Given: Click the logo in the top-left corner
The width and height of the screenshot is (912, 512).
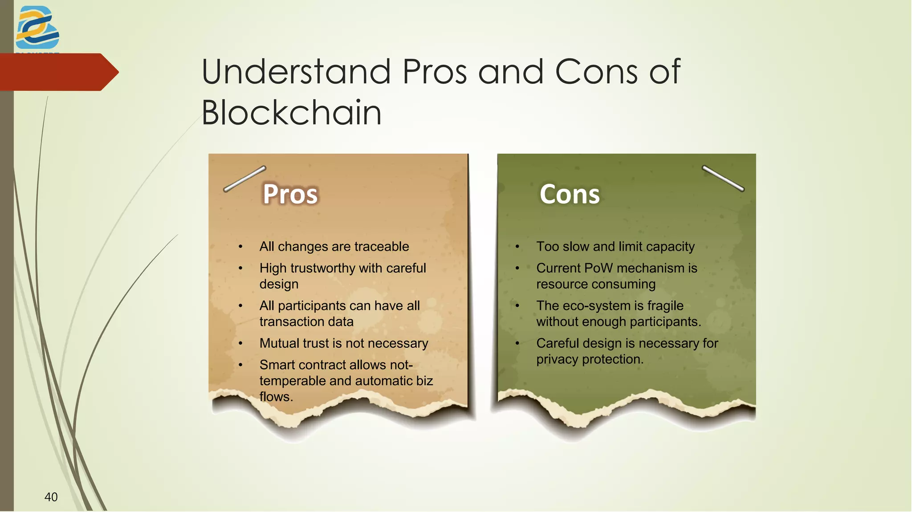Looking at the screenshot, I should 37,28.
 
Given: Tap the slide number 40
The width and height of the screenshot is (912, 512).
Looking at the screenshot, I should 51,497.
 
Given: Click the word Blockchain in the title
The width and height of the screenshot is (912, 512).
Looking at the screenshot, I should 292,113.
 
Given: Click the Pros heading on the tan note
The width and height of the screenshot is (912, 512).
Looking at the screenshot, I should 290,194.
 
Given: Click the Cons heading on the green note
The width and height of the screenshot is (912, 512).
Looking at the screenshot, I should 570,194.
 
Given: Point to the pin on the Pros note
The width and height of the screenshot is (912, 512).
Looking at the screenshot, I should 244,179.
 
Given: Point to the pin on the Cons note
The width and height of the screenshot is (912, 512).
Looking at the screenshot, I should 723,178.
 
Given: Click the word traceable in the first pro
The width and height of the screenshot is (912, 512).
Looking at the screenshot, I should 382,247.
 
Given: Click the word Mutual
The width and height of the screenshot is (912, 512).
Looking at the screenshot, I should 279,343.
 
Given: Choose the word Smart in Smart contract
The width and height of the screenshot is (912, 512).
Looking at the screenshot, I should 277,365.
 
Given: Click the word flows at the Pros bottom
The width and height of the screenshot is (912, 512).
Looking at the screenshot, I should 275,397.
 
